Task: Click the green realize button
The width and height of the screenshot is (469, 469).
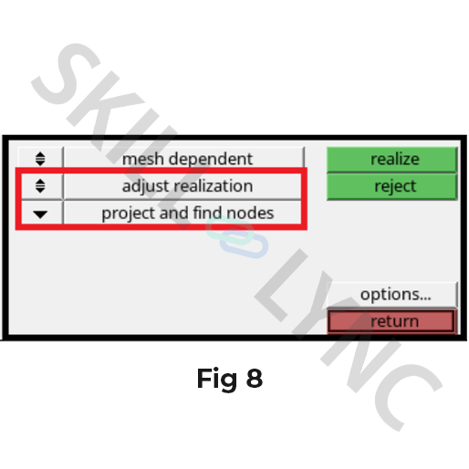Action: [x=391, y=160]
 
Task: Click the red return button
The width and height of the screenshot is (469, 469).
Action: [x=391, y=321]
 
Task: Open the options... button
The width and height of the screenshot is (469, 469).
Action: [x=391, y=295]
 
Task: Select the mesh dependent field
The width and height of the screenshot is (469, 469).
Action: [x=184, y=158]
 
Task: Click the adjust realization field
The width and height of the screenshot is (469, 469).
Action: [x=182, y=186]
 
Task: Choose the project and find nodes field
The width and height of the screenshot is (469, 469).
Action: [x=182, y=213]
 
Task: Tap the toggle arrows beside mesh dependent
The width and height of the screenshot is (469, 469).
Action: [x=40, y=159]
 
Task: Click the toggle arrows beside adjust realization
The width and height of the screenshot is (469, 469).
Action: [x=40, y=186]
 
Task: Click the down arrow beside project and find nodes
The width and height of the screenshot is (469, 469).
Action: [x=40, y=214]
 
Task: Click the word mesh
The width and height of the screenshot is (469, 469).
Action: [x=142, y=159]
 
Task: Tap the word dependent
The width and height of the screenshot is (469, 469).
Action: [x=211, y=159]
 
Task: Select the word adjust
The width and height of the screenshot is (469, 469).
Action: [x=145, y=187]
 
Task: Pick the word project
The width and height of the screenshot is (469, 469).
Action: [x=129, y=214]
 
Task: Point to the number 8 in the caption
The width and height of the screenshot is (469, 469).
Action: [x=255, y=379]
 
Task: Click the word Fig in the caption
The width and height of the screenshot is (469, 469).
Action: [x=217, y=380]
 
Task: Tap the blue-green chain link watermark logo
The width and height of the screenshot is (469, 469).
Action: [x=237, y=237]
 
